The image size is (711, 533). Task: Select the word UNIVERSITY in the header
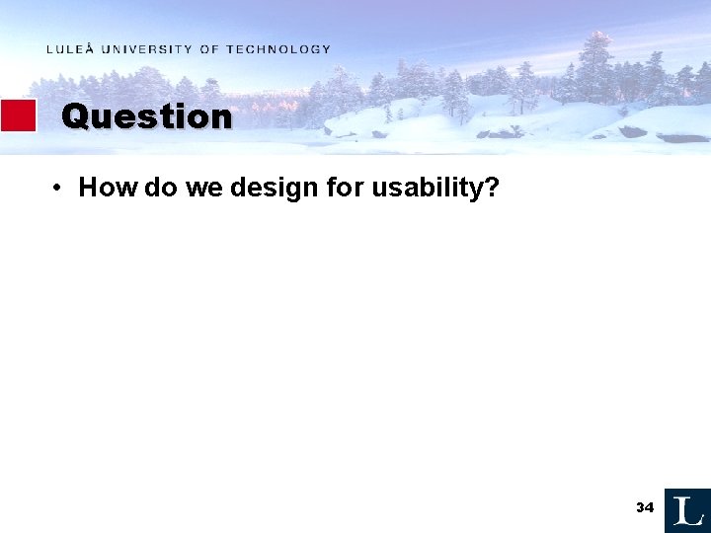[x=145, y=49]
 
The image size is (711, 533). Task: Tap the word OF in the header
[x=209, y=49]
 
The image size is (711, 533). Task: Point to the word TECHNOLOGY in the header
[x=278, y=49]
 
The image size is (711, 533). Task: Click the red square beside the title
[x=18, y=115]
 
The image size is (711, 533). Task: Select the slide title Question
[x=146, y=116]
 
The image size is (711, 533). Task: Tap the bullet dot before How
[x=60, y=188]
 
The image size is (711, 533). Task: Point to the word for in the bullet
[x=345, y=188]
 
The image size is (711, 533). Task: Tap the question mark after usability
[x=491, y=188]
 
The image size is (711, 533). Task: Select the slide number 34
[x=645, y=507]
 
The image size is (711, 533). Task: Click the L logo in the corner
[x=687, y=510]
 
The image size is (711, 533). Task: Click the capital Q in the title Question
[x=74, y=116]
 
